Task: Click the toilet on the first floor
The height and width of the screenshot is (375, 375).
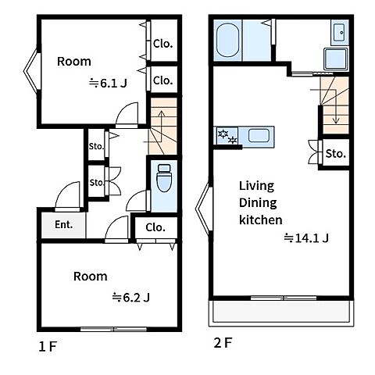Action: pos(164,178)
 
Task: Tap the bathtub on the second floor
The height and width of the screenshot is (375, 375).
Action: pos(227,41)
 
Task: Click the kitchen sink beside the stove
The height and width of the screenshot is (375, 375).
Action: pos(259,136)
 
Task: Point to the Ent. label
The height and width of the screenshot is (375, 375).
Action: pos(63,224)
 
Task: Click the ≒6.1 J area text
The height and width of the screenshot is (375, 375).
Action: pos(108,84)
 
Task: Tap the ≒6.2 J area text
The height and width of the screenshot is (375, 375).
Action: pos(130,297)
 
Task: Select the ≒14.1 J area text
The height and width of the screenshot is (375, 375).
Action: pos(306,238)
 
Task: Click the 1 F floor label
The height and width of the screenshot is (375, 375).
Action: pos(48,347)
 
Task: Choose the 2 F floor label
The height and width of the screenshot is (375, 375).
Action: pos(223,343)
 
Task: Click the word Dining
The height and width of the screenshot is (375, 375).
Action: pos(258,203)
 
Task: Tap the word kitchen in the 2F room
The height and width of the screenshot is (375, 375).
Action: pos(261,220)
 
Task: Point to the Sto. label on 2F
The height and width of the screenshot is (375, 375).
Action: pos(336,154)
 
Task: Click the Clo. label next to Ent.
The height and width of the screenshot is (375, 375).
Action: pos(155,227)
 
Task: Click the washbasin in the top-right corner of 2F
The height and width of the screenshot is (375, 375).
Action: pos(340,32)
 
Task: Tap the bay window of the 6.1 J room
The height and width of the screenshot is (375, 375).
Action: pos(32,71)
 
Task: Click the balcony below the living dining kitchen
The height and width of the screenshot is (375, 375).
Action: pos(281,312)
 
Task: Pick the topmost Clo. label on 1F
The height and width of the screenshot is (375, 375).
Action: pos(162,44)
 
